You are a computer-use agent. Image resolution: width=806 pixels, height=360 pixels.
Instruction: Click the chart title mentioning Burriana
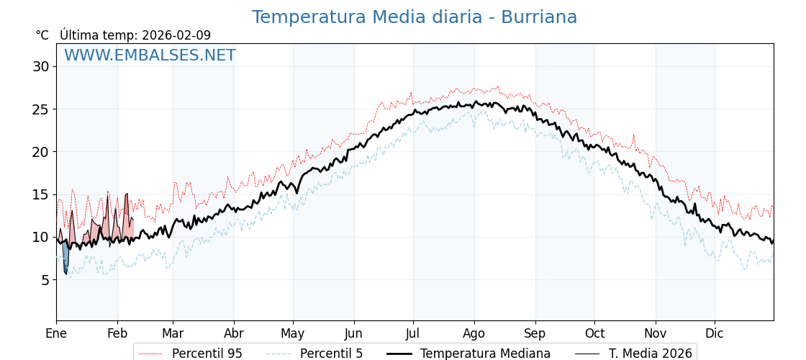pos(414,17)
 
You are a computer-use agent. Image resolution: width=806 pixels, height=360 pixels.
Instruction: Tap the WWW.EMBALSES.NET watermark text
pos(150,55)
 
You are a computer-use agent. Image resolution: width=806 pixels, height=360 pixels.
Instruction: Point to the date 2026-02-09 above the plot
pos(176,35)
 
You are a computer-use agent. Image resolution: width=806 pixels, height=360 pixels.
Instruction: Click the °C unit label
pos(42,35)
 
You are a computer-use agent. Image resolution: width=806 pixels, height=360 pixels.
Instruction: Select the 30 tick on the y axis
pos(40,67)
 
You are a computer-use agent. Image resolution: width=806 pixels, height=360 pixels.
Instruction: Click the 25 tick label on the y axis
pos(40,109)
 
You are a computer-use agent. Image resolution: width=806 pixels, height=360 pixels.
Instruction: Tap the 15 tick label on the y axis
pos(40,194)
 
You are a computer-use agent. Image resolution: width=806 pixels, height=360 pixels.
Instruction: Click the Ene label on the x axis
pos(56,333)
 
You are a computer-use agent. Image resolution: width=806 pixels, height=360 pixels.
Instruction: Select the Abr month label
pos(234,333)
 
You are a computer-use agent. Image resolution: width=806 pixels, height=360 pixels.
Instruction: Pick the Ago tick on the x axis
pos(474,333)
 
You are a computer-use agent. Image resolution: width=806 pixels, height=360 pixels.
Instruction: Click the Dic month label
pos(715,333)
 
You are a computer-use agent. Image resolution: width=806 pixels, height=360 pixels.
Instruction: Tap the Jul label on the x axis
pos(413,333)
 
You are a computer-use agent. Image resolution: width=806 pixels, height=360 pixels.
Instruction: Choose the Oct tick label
pos(594,333)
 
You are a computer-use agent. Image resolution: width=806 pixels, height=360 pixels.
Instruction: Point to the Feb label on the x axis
pos(117,333)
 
